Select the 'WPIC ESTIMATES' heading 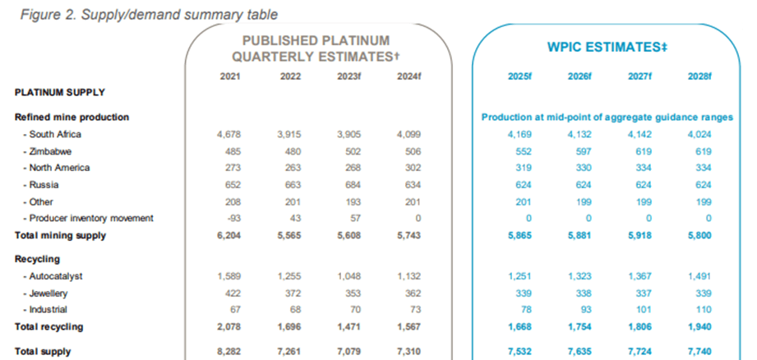(x=607, y=48)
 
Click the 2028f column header (x=699, y=76)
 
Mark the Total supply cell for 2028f (x=699, y=352)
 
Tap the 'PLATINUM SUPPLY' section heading (x=59, y=92)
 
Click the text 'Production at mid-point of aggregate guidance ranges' (x=607, y=118)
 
